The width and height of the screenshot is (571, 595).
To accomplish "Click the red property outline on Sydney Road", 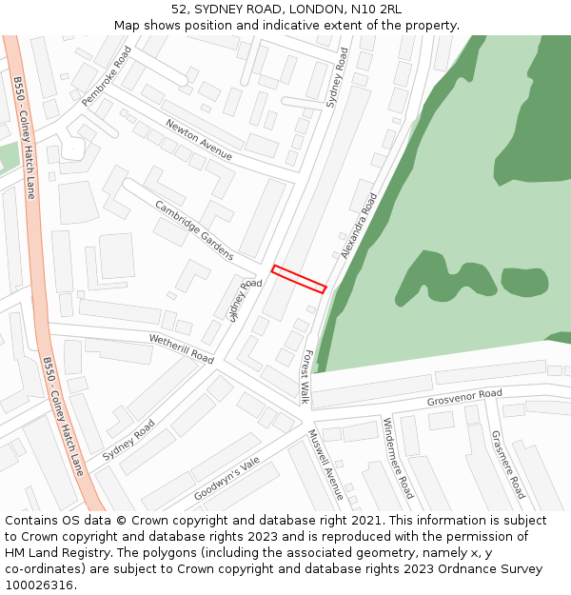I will (299, 278).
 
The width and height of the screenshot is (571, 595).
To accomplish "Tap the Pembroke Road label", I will (106, 76).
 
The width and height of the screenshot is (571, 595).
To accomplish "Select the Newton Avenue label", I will (199, 139).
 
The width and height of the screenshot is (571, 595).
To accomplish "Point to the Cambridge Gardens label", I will (194, 230).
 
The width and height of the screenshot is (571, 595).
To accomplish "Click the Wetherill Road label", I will (181, 348).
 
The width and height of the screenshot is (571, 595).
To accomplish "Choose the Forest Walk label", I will (306, 376).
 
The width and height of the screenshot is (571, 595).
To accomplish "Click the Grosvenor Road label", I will (464, 397).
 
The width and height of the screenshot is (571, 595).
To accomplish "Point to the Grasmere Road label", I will (507, 464).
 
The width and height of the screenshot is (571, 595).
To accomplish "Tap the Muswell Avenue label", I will (325, 465).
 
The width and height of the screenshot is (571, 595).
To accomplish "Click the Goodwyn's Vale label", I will (226, 479).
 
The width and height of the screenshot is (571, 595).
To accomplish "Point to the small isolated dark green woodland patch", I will (524, 282).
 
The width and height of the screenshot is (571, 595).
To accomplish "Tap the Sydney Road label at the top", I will (338, 79).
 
